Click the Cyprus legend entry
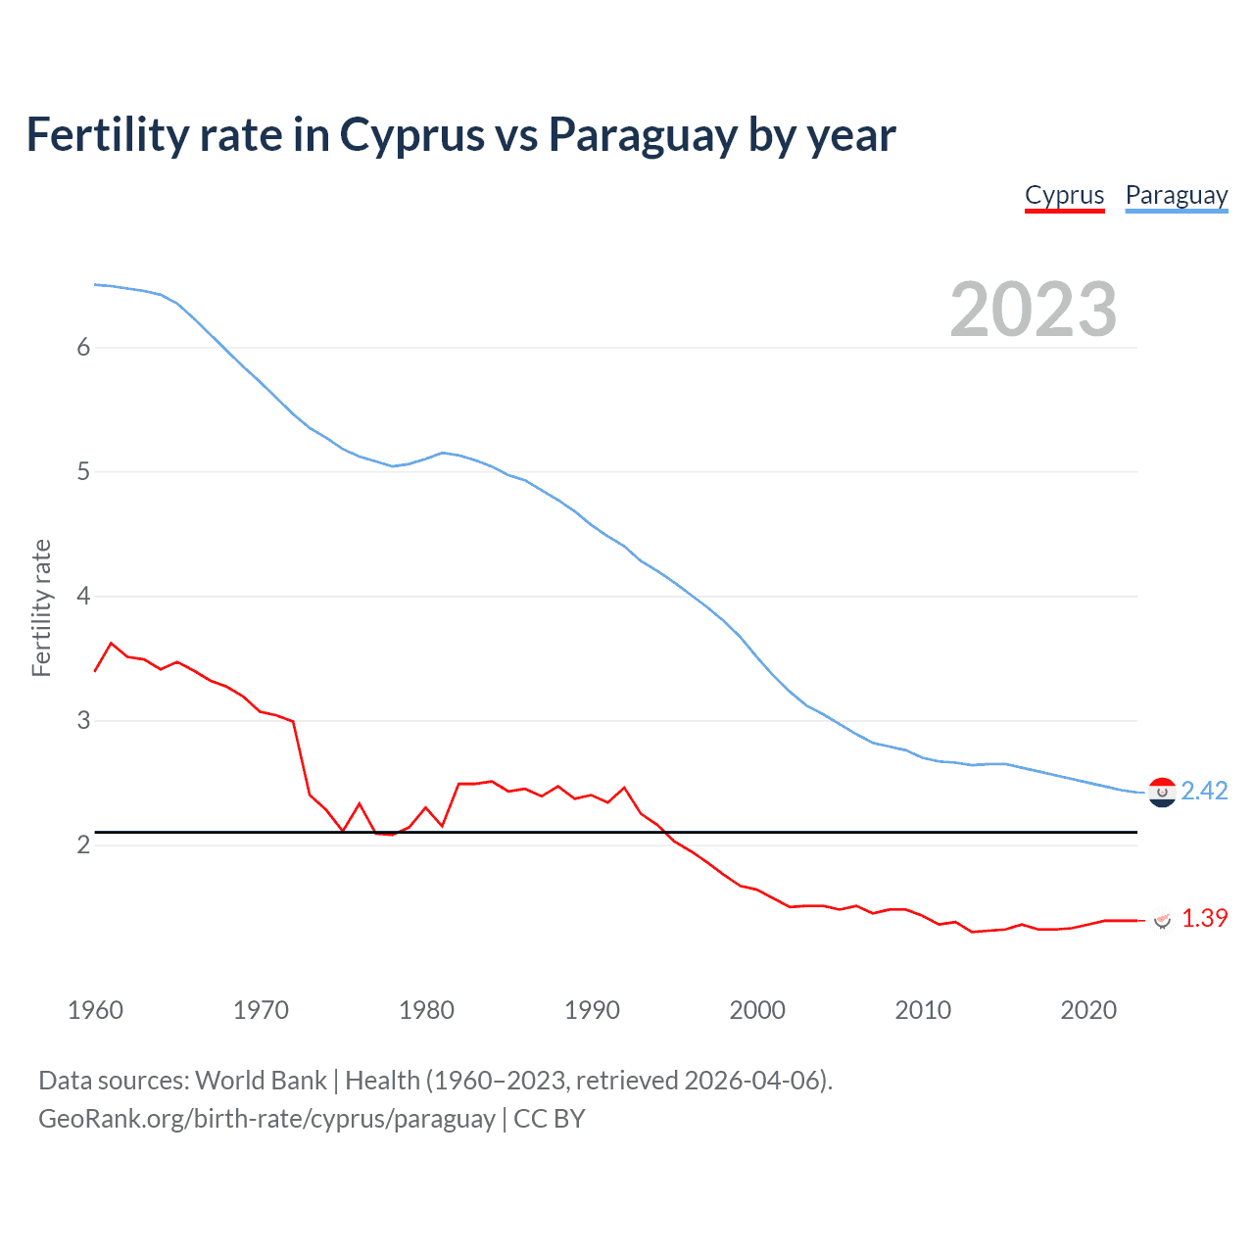[1064, 195]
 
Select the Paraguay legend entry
[1176, 195]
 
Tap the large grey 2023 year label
[1033, 310]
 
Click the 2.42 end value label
[1204, 791]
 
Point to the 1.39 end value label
[1204, 918]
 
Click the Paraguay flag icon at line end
[1162, 793]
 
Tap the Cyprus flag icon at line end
[1162, 920]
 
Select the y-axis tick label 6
[83, 347]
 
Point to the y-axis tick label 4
[83, 596]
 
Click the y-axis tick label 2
[83, 844]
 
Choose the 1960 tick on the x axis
[95, 1010]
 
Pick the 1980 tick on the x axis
[426, 1010]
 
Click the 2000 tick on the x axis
[757, 1010]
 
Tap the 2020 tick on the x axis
[1088, 1010]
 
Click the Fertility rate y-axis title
[41, 607]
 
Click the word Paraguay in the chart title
[642, 135]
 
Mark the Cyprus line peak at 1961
[111, 643]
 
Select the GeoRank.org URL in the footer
[266, 1119]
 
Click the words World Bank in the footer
[261, 1081]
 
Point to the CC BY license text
[550, 1119]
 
